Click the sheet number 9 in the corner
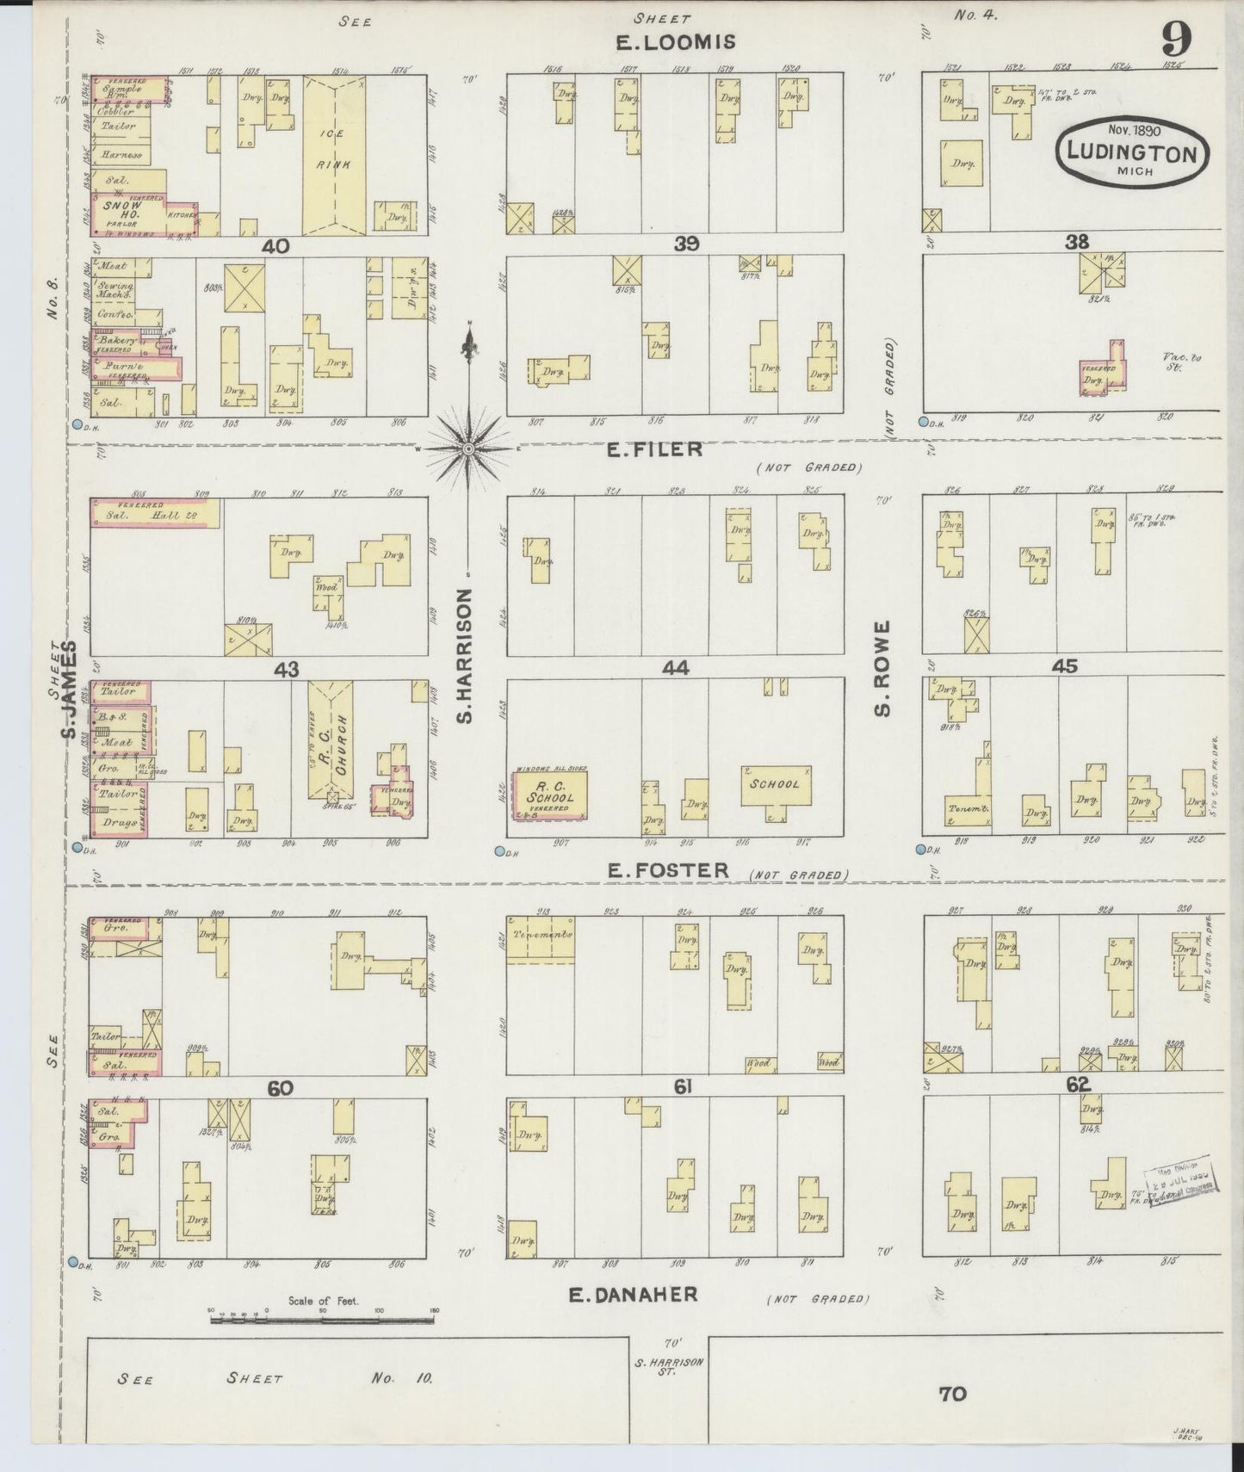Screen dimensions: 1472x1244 [1176, 40]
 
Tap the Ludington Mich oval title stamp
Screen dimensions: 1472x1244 [1132, 151]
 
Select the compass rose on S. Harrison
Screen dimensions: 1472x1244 [468, 448]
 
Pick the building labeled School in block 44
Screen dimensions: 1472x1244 [776, 785]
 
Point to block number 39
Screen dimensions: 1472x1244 [686, 244]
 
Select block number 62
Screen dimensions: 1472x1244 [1078, 1085]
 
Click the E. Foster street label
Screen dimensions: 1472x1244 [668, 870]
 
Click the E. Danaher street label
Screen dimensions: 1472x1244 [633, 1294]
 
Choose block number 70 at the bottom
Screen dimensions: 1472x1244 [952, 1393]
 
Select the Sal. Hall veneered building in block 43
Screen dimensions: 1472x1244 [155, 513]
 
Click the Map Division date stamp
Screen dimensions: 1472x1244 [1178, 1180]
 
